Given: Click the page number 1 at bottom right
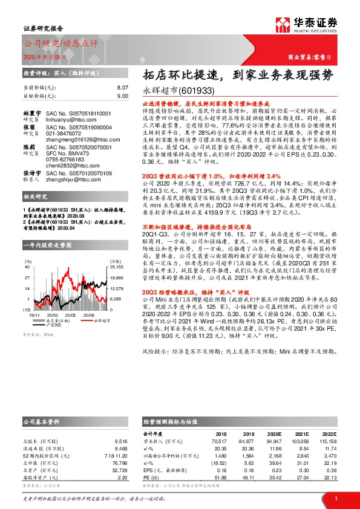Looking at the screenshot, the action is point(335,498).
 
